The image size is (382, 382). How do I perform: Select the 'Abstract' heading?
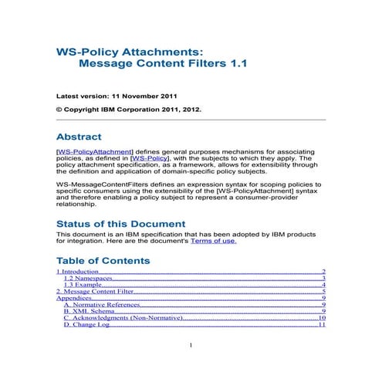[x=90, y=136]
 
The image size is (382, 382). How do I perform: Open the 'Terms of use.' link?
[x=213, y=241]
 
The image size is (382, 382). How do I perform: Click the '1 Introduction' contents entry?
[x=78, y=272]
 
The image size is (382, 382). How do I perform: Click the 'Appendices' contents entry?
[x=74, y=299]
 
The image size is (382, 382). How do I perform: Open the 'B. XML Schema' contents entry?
[x=87, y=312]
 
